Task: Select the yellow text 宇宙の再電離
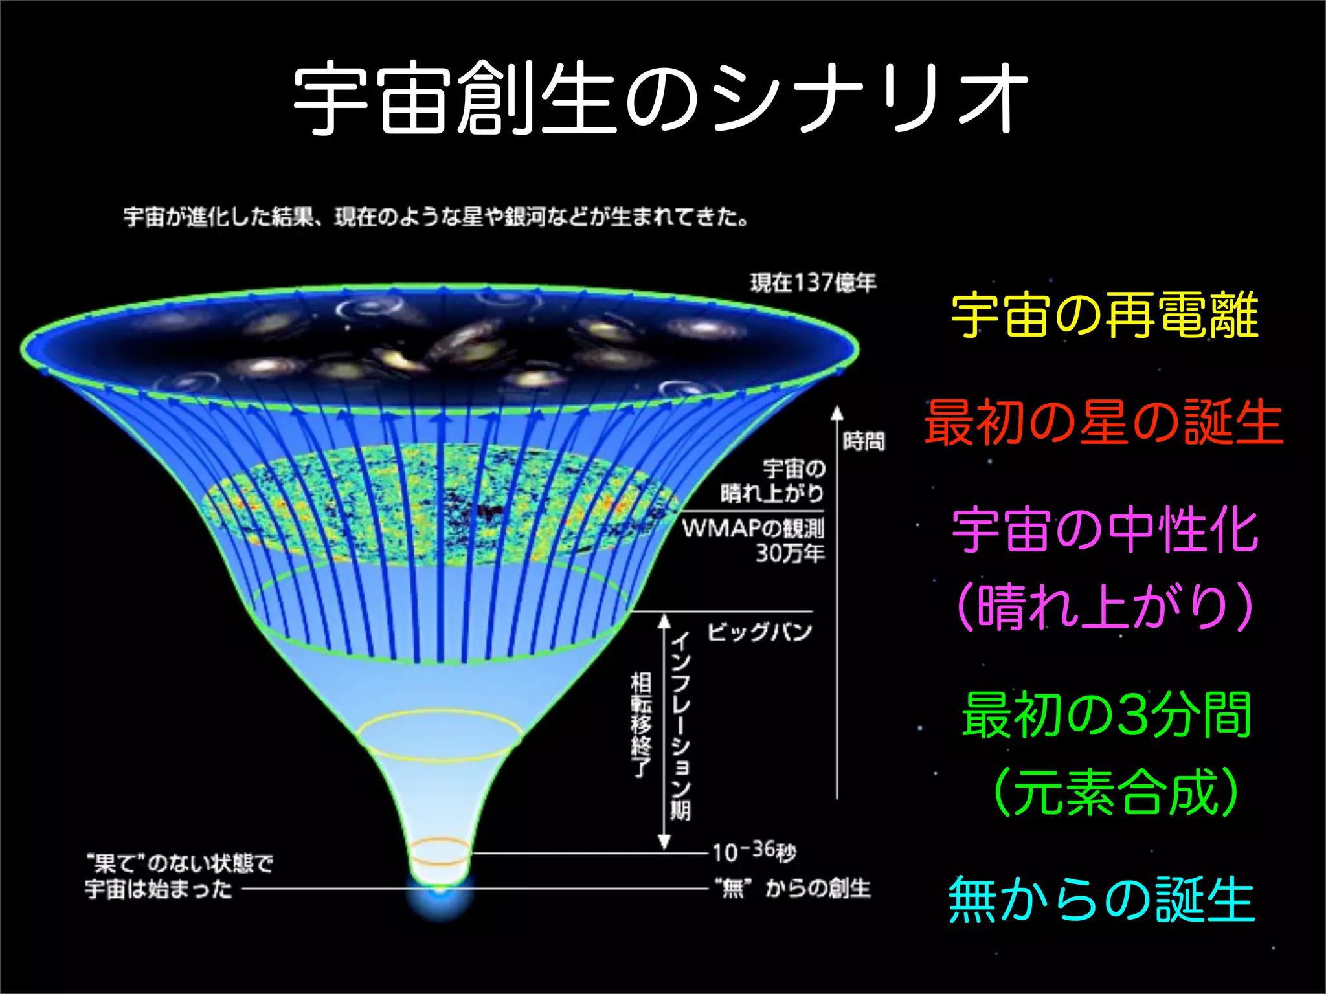(x=1105, y=316)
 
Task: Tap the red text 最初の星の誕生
(x=1103, y=423)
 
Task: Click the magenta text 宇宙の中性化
(x=1105, y=531)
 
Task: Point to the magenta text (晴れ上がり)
(x=1105, y=606)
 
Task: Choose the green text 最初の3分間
(x=1106, y=715)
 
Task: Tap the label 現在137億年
(x=813, y=283)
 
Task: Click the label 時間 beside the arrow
(x=864, y=442)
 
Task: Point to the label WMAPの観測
(x=753, y=529)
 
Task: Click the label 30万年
(x=790, y=554)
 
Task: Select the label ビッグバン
(x=759, y=632)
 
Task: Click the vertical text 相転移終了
(x=641, y=725)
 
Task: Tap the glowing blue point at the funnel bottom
(x=440, y=892)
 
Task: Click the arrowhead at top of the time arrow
(x=837, y=412)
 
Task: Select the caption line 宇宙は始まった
(x=159, y=889)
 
